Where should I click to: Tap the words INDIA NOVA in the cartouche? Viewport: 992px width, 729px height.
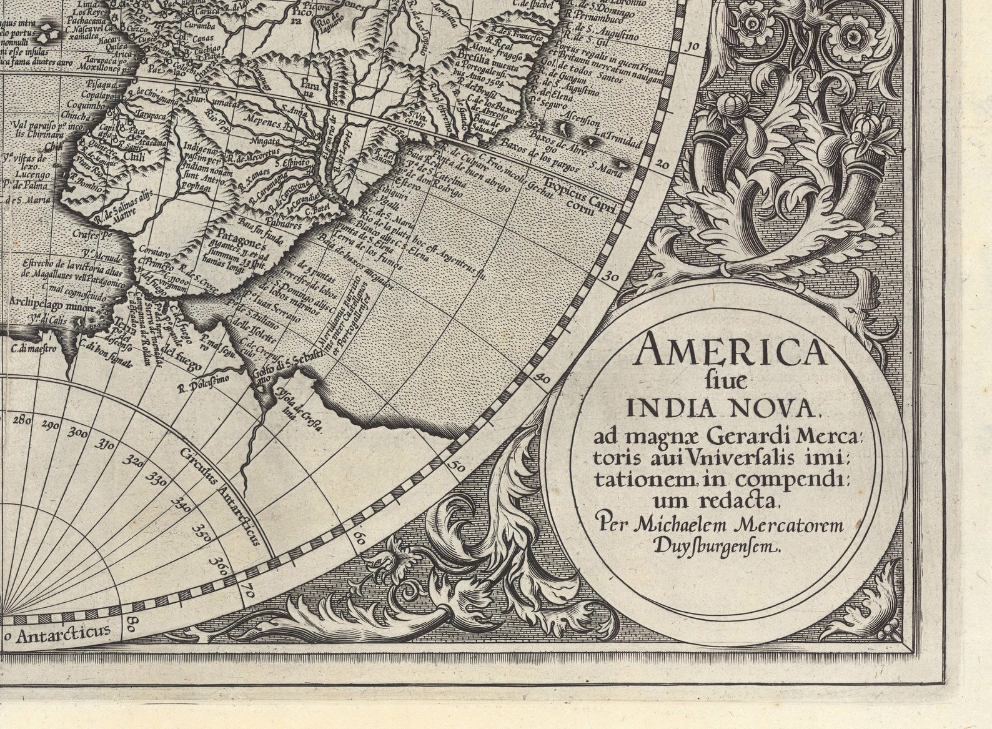tap(722, 409)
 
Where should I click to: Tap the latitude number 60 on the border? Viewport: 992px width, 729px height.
tap(359, 538)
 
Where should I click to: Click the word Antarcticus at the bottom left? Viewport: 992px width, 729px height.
tap(63, 635)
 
